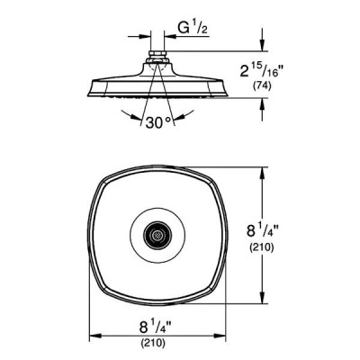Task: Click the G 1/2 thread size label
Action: (x=193, y=28)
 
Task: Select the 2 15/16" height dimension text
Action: (x=262, y=71)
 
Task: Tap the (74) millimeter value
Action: (x=262, y=86)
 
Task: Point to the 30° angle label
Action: (x=158, y=122)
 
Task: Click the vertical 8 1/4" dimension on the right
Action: (x=263, y=231)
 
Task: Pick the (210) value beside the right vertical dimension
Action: (x=262, y=247)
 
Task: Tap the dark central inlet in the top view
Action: (x=157, y=236)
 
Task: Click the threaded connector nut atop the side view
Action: (x=157, y=55)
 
